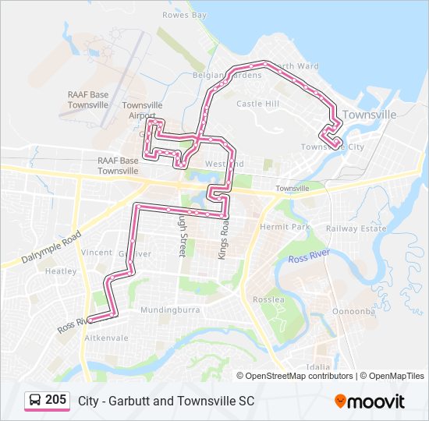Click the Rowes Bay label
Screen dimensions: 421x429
click(x=185, y=15)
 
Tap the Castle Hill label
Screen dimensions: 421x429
click(x=257, y=103)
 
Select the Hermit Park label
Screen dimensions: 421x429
click(x=285, y=226)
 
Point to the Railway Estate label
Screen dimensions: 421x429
click(x=356, y=228)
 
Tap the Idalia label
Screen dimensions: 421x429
click(x=318, y=366)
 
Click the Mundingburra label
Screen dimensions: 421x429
click(x=170, y=310)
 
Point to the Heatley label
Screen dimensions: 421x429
click(x=61, y=271)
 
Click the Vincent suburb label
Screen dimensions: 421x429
click(x=97, y=253)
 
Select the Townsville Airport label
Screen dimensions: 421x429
click(x=142, y=111)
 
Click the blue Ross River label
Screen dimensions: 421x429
click(x=309, y=257)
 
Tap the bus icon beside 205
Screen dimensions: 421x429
click(x=35, y=401)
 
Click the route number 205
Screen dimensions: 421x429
click(x=55, y=400)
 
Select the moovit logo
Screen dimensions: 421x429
click(x=370, y=402)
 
